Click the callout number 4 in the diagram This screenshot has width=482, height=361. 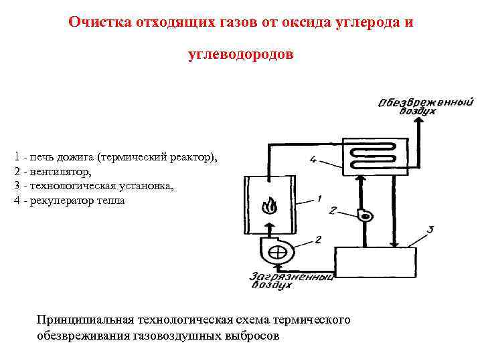point(313,159)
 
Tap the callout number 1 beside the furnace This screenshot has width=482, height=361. point(319,199)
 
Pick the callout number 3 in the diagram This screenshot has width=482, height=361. point(430,229)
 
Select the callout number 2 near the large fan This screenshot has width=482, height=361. point(317,239)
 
